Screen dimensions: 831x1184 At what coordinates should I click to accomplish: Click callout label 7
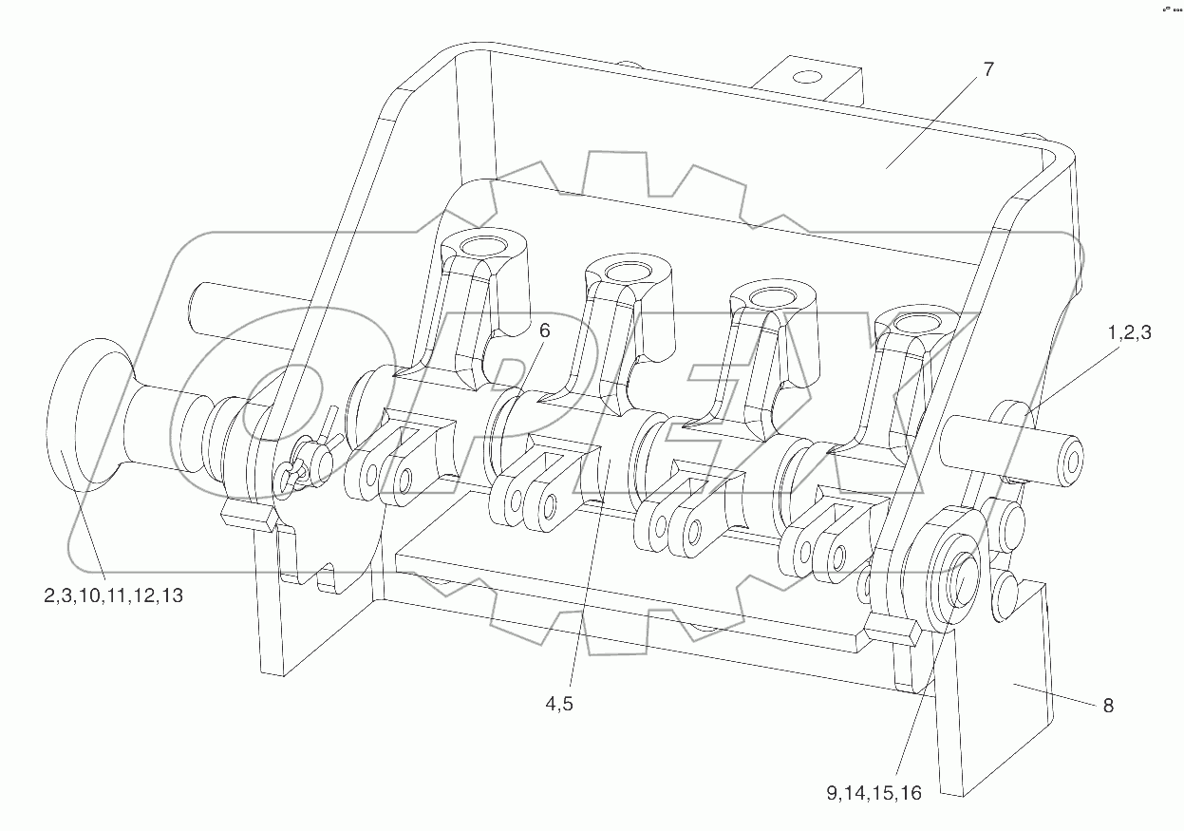click(x=988, y=70)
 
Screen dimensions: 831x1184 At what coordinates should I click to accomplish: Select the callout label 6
click(x=544, y=331)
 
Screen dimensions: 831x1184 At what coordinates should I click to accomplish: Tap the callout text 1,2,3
click(x=1129, y=333)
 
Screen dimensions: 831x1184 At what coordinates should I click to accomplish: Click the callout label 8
click(x=1107, y=706)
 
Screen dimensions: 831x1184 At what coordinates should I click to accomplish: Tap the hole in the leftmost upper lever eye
click(x=483, y=248)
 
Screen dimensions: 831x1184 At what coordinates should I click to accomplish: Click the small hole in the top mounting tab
click(x=807, y=76)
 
